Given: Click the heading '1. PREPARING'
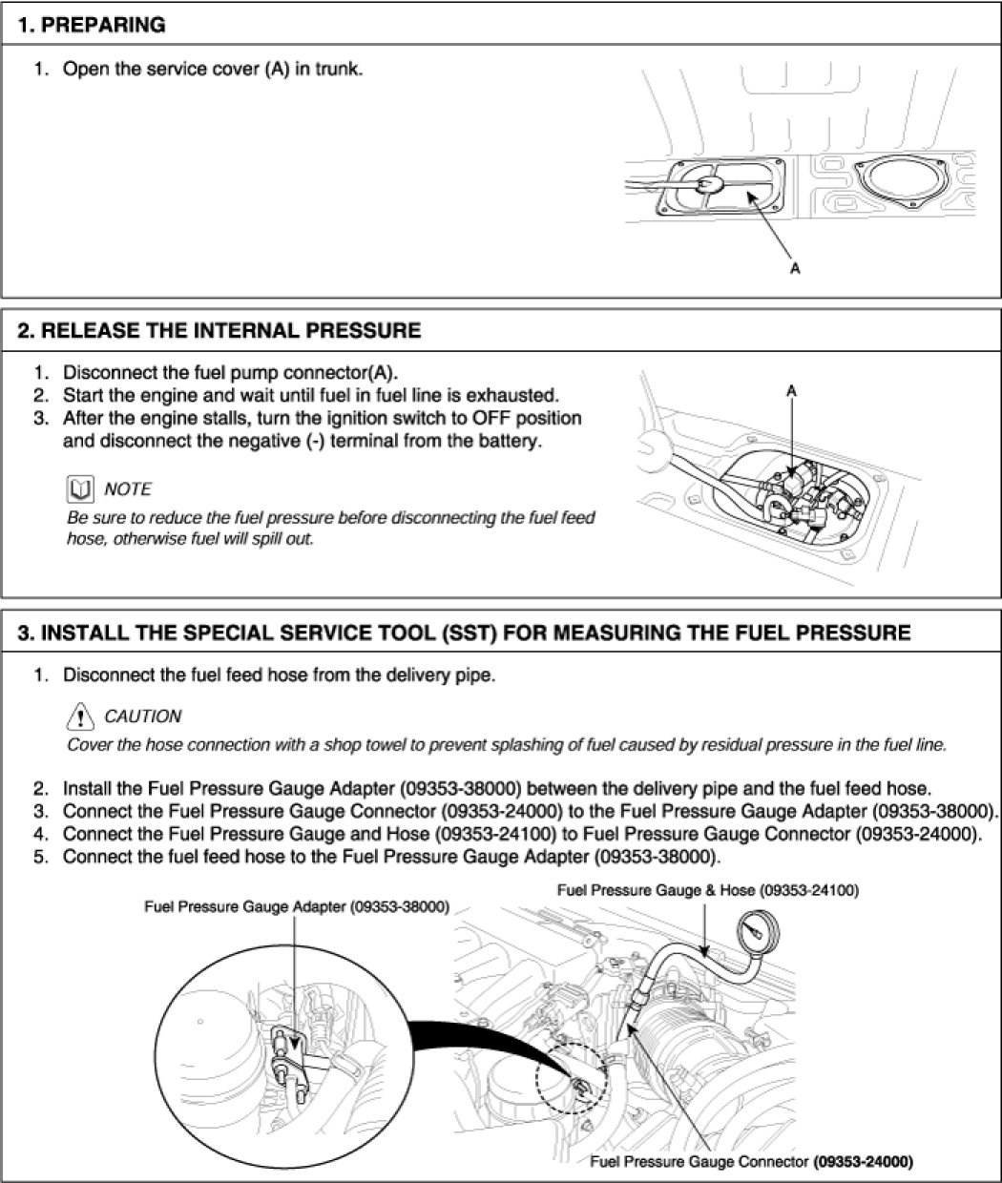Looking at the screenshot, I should coord(92,25).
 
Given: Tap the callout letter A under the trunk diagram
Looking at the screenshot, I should coord(795,270).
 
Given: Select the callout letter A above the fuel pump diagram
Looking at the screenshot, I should coord(791,391).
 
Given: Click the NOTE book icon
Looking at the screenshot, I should coord(80,489).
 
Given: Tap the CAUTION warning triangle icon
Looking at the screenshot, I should coord(81,716).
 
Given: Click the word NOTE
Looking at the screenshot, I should coord(128,489).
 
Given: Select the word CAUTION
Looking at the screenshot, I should coord(142,716).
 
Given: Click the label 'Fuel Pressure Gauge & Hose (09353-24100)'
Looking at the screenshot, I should coord(707,890).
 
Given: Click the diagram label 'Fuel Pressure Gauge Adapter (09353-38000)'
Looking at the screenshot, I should coord(296,906).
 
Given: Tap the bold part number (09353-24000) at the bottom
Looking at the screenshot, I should coord(864,1161).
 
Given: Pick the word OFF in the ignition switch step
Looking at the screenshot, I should coord(475,418).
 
